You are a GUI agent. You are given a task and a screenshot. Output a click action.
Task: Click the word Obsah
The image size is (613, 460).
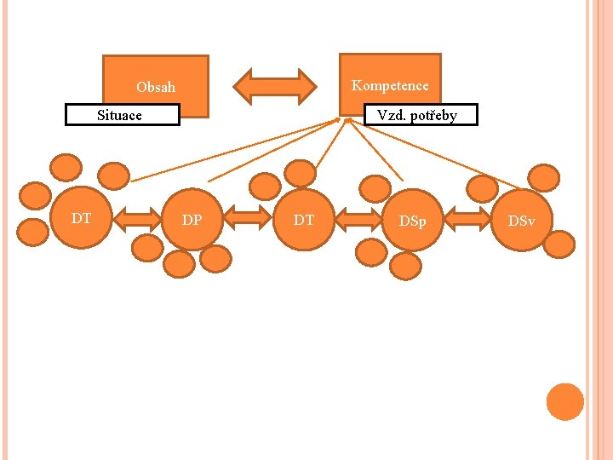tap(156, 87)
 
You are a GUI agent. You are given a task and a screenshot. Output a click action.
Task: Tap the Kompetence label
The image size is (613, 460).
tap(390, 85)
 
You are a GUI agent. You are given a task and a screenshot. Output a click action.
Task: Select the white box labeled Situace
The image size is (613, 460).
tap(122, 115)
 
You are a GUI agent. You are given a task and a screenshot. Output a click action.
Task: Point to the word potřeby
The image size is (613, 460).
tap(435, 115)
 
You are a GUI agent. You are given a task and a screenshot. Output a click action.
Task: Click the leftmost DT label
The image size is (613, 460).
tap(81, 219)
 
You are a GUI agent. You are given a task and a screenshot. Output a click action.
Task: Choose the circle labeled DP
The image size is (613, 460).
tap(192, 221)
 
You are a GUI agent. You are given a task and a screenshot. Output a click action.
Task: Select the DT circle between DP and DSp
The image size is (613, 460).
tap(304, 221)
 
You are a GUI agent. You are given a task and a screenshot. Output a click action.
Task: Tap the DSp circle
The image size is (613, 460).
tap(413, 221)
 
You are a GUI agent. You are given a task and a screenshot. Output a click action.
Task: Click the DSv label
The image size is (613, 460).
tap(521, 221)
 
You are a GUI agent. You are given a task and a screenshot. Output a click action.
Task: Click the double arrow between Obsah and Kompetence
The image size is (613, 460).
tap(274, 86)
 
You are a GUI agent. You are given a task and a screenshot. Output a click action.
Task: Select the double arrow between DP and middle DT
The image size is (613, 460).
tap(248, 220)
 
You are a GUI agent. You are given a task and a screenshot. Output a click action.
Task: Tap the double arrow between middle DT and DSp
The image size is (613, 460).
tap(358, 220)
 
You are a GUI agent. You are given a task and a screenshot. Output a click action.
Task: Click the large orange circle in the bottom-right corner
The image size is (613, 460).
tap(564, 402)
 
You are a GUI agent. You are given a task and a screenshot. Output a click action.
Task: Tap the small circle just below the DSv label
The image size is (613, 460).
tap(559, 244)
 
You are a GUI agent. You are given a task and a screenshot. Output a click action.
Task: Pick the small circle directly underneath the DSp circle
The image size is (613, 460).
tap(407, 266)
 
